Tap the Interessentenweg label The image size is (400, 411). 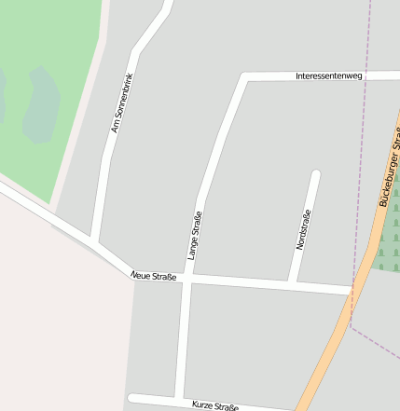pos(327,75)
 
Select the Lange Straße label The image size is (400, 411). pos(194,236)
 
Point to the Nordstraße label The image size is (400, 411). pos(302,229)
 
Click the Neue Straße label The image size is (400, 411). pos(154,276)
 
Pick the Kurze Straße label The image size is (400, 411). pos(215,406)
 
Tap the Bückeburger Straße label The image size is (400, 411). pos(390,172)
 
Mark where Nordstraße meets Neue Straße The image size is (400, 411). pos(293,283)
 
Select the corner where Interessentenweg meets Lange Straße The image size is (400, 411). pos(244,76)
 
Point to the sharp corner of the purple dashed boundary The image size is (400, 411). pos(350,325)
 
